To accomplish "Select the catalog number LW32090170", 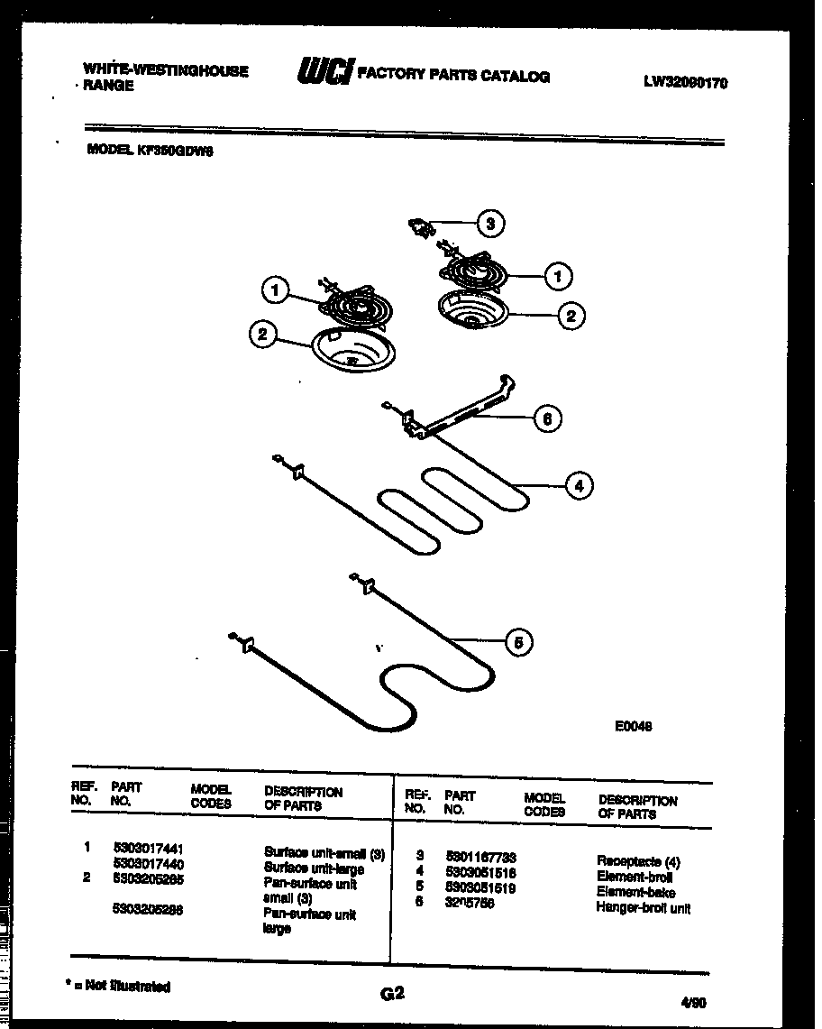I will pyautogui.click(x=685, y=82).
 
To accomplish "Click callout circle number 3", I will pyautogui.click(x=489, y=225).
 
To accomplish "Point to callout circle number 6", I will pyautogui.click(x=546, y=418).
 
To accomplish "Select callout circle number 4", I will pyautogui.click(x=579, y=486).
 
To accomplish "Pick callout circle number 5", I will pyautogui.click(x=516, y=642).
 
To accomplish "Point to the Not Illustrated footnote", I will pyautogui.click(x=118, y=987).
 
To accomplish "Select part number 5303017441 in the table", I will pyautogui.click(x=149, y=849).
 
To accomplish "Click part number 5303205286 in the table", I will pyautogui.click(x=149, y=911).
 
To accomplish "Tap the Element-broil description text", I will pyautogui.click(x=635, y=877).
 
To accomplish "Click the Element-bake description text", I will pyautogui.click(x=635, y=892).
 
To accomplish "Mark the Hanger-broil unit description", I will pyautogui.click(x=643, y=907).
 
